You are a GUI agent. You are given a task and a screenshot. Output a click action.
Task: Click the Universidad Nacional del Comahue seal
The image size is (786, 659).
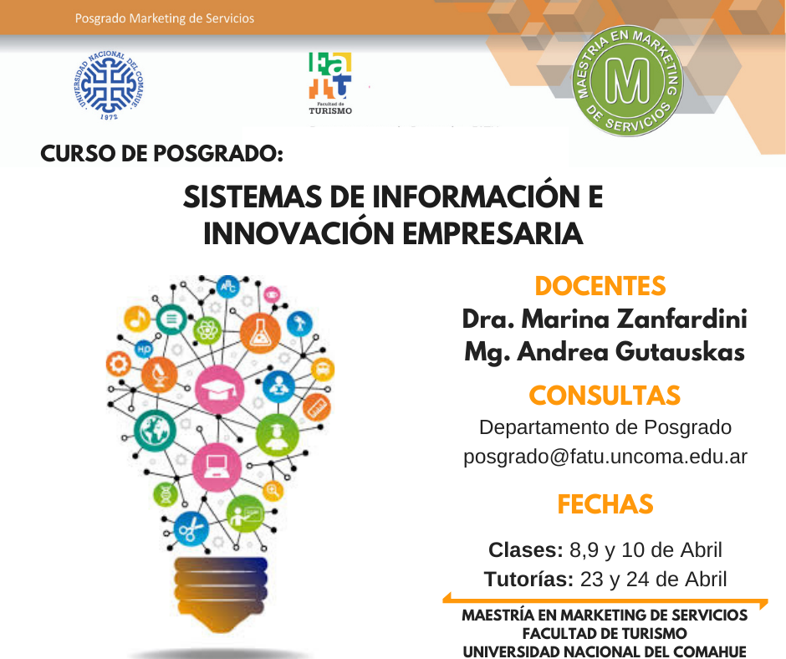[109, 84]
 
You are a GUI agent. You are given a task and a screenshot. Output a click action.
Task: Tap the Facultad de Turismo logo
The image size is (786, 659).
[329, 84]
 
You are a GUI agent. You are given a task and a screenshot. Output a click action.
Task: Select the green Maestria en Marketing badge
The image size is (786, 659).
[627, 81]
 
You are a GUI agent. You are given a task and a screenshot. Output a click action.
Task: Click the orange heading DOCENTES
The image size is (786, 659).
[600, 286]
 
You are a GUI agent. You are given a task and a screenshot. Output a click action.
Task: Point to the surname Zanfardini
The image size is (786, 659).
[681, 319]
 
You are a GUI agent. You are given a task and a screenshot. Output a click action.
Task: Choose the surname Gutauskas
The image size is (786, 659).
[680, 351]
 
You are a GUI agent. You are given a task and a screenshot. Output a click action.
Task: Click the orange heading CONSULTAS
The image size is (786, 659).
[605, 396]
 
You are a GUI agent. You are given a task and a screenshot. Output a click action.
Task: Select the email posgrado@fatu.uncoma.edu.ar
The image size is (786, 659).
[605, 457]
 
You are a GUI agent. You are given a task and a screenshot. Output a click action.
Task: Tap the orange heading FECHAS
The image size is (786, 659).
[605, 504]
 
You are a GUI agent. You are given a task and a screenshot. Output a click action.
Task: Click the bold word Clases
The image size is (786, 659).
[526, 549]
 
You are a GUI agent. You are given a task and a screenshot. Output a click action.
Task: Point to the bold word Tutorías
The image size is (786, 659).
[528, 579]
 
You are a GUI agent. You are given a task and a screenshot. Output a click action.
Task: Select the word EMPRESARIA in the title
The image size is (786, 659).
[493, 233]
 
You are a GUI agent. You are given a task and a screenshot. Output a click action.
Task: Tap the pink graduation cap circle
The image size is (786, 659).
[220, 390]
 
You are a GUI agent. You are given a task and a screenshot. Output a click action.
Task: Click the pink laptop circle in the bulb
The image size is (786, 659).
[217, 467]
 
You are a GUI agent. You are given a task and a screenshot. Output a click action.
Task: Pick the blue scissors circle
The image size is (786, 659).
[191, 529]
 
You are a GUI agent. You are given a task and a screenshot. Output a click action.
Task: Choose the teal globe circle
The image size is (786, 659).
[155, 430]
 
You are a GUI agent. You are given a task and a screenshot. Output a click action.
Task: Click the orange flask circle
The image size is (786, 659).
[260, 333]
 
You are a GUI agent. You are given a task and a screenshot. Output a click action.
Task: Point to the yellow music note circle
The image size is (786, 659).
[137, 319]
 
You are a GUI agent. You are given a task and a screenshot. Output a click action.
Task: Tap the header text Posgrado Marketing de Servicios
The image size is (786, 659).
[165, 18]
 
